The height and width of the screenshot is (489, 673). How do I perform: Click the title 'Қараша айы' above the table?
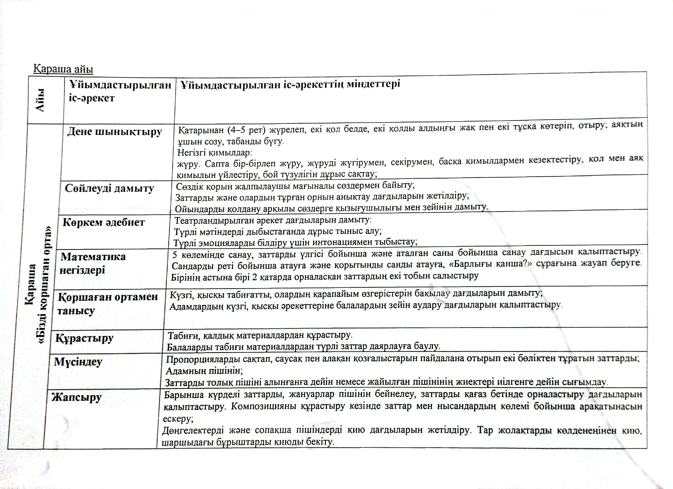click(63, 69)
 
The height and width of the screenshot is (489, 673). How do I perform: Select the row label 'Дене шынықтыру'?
click(115, 132)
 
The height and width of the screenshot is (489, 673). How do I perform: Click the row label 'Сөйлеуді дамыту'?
click(110, 188)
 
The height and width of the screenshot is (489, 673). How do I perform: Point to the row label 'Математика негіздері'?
click(93, 263)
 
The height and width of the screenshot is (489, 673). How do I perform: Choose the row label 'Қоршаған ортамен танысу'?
click(108, 303)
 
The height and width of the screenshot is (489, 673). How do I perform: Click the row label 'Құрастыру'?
click(85, 338)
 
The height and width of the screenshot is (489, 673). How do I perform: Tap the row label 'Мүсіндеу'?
click(78, 362)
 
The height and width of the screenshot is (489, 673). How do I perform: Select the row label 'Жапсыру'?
click(77, 397)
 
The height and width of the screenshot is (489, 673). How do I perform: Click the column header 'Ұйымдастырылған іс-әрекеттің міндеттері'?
click(290, 84)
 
